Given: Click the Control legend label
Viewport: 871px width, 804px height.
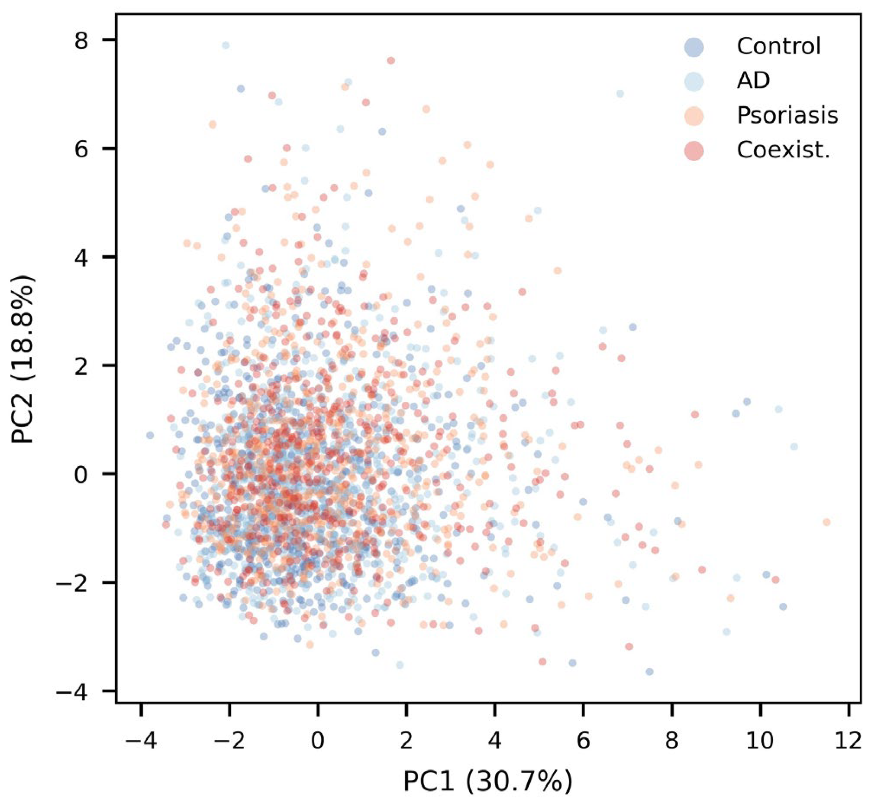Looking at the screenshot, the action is [778, 46].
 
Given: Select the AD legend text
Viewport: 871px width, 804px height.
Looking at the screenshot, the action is [753, 80].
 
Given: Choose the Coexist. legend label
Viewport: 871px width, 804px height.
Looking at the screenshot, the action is [784, 150].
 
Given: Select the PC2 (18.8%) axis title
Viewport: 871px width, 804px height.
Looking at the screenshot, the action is [24, 359].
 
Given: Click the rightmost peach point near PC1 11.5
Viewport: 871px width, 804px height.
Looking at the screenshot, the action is [827, 522].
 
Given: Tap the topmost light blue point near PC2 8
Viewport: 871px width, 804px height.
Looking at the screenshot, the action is [226, 45].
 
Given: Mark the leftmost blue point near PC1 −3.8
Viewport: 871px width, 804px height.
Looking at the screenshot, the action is [150, 435].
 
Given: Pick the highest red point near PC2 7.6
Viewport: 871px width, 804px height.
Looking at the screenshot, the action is [391, 61].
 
